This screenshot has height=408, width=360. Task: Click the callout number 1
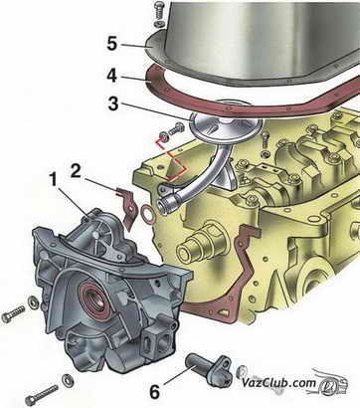53,182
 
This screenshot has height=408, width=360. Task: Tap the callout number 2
76,171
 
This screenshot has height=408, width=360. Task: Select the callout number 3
113,103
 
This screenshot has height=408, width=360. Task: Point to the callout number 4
112,76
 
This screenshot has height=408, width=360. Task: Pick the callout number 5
112,44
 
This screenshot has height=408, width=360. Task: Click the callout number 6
154,392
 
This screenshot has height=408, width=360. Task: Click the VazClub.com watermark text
278,383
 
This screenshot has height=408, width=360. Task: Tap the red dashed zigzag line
171,160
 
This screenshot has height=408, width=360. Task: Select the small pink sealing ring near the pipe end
147,211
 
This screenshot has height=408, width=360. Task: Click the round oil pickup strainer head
226,123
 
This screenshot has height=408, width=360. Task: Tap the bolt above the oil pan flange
159,11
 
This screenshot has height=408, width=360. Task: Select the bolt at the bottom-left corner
42,393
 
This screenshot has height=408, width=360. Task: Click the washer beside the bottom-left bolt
68,378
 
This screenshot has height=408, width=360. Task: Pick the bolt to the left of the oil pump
13,313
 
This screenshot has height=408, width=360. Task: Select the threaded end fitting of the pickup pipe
166,202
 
